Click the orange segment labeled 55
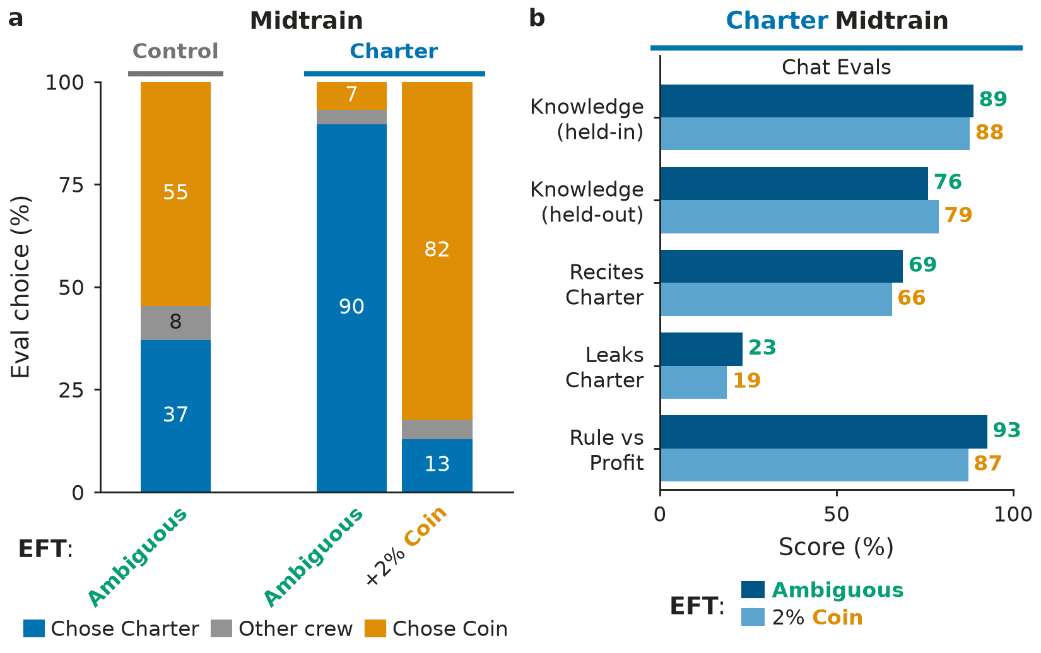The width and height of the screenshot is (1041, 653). coord(175,194)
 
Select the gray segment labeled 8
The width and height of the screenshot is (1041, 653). coord(175,323)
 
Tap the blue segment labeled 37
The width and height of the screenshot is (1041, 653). coord(175,416)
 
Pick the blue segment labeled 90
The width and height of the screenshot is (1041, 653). coord(352,308)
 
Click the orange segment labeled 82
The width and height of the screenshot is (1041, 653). coord(437,251)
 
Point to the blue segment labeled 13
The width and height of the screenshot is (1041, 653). coord(437,465)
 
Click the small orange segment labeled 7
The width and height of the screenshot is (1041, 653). coord(352,96)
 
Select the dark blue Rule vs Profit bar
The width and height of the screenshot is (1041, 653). coord(823,432)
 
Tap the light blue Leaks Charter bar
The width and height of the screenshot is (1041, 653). coord(693,382)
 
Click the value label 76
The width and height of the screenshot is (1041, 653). coord(948,182)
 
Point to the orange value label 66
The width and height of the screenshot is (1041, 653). coord(911,298)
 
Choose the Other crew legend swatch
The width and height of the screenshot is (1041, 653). coord(221,628)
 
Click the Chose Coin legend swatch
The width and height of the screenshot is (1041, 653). coord(375,628)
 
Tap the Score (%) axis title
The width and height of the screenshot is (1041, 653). coord(836,547)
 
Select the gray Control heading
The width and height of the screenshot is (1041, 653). coord(175,51)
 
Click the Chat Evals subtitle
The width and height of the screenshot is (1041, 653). coord(836,68)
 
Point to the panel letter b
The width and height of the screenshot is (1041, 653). coord(537,18)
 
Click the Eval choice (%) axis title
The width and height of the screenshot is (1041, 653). coord(21,287)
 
